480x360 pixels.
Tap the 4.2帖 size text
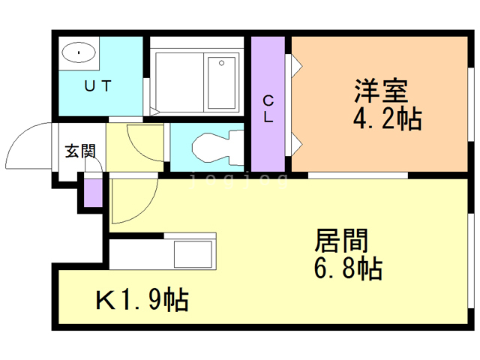pos(386,118)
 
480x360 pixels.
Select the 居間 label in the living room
pos(341,241)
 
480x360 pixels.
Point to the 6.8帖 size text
pos(347,268)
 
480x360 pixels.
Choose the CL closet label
pos(268,108)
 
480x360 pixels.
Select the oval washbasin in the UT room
pos(79,52)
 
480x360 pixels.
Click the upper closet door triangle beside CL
pos(295,64)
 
